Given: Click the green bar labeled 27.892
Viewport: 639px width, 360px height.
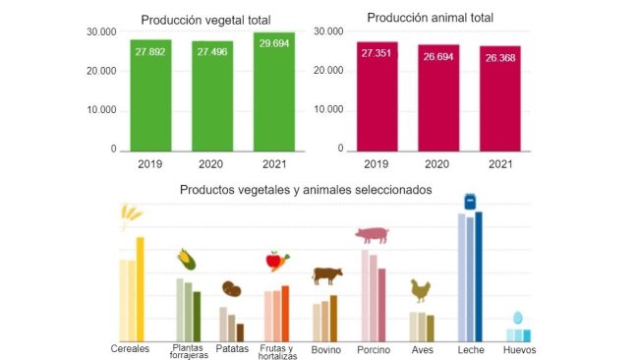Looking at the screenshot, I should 150,95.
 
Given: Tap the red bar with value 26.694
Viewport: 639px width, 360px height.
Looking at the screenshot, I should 438,97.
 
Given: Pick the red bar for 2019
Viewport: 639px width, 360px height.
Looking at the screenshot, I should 377,96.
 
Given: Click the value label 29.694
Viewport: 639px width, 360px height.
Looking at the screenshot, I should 273,48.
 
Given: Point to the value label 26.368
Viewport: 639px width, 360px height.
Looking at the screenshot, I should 499,58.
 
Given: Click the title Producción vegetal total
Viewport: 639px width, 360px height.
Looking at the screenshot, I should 206,20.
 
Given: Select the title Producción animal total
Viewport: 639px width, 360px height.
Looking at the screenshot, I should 430,18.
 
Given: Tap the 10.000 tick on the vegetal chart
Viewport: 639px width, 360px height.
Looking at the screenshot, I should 101,110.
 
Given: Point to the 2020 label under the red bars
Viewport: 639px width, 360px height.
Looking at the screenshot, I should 438,164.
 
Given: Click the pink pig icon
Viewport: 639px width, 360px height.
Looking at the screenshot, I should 373,235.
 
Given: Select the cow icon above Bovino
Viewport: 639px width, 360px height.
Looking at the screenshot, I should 327,275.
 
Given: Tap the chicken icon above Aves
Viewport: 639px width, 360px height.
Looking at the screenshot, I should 421,290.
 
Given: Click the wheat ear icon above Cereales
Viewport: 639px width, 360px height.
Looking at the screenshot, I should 128,215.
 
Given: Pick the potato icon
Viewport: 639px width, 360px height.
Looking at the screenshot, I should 232,289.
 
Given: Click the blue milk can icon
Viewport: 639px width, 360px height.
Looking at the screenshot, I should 471,201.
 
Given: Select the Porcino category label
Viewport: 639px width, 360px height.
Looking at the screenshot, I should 373,350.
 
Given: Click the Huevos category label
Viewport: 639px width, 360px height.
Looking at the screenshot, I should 519,350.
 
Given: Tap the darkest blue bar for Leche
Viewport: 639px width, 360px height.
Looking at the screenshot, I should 479,276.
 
